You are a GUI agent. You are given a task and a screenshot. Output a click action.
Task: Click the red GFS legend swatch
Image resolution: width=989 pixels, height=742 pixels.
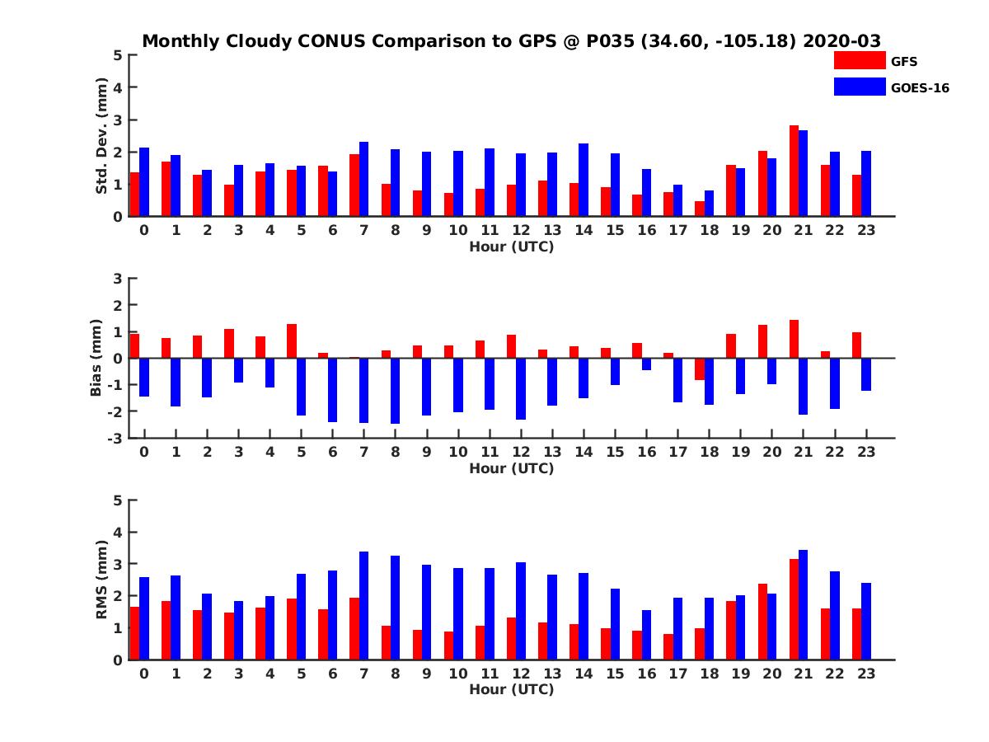point(859,60)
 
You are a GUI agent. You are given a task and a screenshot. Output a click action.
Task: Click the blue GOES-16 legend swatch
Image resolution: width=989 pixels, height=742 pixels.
point(859,87)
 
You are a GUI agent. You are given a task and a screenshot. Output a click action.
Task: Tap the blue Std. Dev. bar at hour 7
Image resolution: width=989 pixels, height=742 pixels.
point(364,179)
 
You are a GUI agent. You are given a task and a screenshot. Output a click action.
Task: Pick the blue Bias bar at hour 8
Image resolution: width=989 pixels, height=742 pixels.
point(396,391)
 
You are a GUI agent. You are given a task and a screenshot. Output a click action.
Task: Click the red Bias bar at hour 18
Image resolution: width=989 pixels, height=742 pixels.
point(700,369)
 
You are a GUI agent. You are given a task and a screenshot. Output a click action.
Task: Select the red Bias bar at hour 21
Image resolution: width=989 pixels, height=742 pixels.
point(794,339)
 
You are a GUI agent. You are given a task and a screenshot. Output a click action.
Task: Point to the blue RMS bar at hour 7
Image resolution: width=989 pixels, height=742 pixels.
point(364,605)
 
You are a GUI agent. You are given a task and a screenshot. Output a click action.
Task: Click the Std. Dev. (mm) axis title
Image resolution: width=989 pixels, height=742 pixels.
point(102,136)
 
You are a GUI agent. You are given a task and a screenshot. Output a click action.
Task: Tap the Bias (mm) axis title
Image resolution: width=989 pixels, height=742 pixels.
point(96,358)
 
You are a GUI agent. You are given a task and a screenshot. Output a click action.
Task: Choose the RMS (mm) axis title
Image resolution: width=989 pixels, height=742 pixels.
point(102,580)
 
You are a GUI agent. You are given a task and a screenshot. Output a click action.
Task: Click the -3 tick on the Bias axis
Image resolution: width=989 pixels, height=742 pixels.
point(116,438)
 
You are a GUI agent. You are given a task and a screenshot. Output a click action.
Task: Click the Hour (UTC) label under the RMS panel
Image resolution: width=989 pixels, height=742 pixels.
point(511,689)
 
